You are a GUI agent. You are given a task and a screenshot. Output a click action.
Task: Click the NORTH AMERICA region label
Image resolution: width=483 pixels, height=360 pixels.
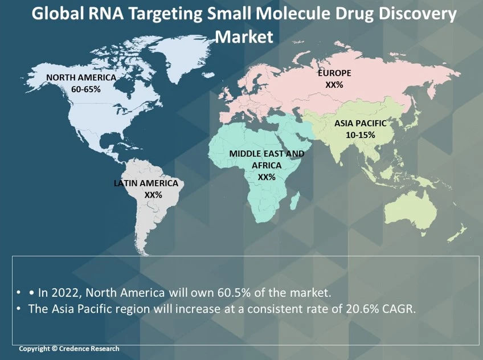click(x=81, y=77)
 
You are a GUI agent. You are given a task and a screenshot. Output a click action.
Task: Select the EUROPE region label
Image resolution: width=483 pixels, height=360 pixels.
click(x=334, y=73)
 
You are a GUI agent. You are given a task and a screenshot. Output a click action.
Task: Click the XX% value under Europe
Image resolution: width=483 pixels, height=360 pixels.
click(x=334, y=85)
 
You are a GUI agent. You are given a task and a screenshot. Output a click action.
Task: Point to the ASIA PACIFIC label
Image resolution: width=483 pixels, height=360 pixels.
click(x=361, y=123)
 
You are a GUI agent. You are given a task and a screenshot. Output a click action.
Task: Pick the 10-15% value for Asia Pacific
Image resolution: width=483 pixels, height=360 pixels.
click(x=361, y=135)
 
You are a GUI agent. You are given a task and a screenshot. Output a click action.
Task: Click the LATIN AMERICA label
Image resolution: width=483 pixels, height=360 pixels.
click(x=146, y=183)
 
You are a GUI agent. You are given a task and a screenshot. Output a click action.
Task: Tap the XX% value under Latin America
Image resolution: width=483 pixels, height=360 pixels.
click(x=153, y=195)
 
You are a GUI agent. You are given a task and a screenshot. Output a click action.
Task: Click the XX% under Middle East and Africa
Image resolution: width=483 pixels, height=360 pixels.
click(x=267, y=177)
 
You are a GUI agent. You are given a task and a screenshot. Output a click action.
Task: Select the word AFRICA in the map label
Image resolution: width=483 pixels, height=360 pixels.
click(x=267, y=165)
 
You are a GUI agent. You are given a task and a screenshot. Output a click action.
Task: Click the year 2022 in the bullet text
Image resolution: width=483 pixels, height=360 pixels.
click(x=64, y=293)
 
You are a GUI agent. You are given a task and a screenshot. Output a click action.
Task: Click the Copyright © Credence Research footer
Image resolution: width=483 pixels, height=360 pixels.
click(x=69, y=349)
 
